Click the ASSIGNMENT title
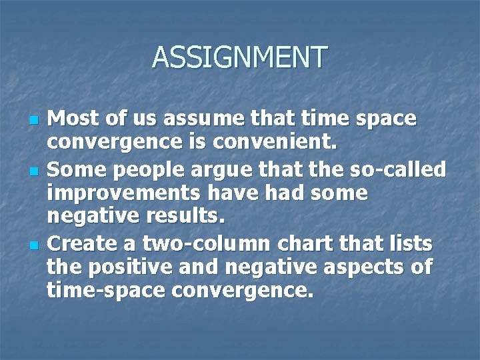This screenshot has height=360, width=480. [x=240, y=57]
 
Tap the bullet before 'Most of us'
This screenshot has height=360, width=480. [x=35, y=121]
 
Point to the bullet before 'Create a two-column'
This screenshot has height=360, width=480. [x=35, y=246]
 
